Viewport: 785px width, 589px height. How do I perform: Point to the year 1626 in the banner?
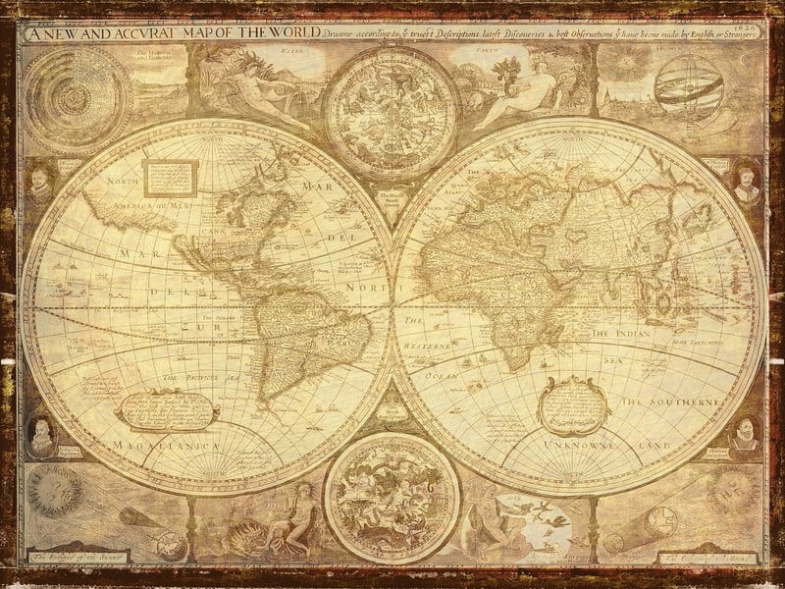[748, 28]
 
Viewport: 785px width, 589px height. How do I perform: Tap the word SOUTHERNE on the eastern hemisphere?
[687, 402]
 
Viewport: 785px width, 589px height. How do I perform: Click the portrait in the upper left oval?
[38, 183]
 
